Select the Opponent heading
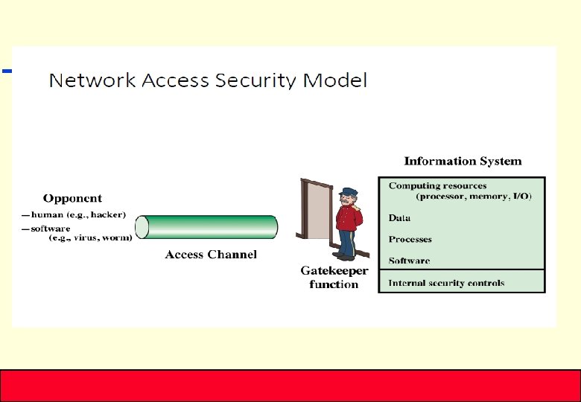72,198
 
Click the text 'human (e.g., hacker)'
78,214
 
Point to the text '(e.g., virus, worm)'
90,238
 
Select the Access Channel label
211,255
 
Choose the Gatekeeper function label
334,278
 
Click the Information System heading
463,161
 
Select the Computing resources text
437,186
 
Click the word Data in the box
399,218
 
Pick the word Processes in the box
410,240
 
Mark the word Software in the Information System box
409,261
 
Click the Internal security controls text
446,283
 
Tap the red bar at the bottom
290,385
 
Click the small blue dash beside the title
7,71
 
